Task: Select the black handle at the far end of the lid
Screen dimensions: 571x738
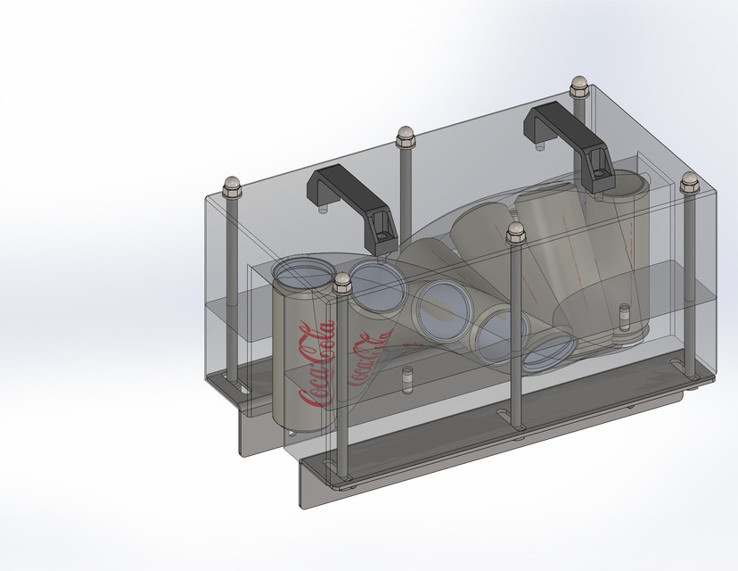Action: (562, 124)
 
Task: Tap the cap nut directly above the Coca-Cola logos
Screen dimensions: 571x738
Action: (342, 285)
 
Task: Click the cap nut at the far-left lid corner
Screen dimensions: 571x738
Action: (233, 186)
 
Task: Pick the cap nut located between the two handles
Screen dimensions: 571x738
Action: (406, 136)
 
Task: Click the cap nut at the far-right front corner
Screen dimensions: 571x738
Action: (688, 180)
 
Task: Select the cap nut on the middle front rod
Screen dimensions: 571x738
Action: (515, 234)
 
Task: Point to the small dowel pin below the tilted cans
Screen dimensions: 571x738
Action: (407, 379)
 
